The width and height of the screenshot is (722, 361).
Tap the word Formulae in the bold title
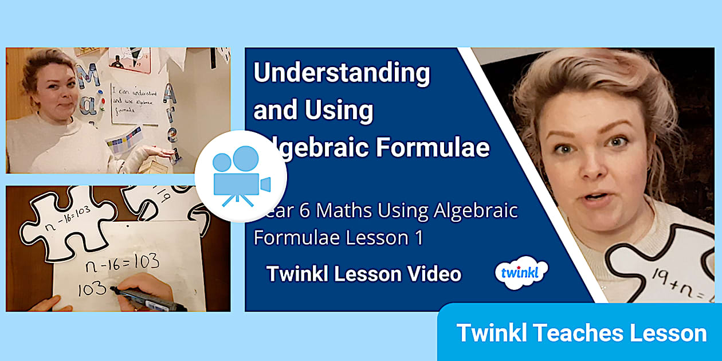point(433,147)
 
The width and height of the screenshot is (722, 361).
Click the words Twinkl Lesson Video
point(363,274)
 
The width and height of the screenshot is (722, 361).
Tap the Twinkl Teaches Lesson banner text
point(581,333)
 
